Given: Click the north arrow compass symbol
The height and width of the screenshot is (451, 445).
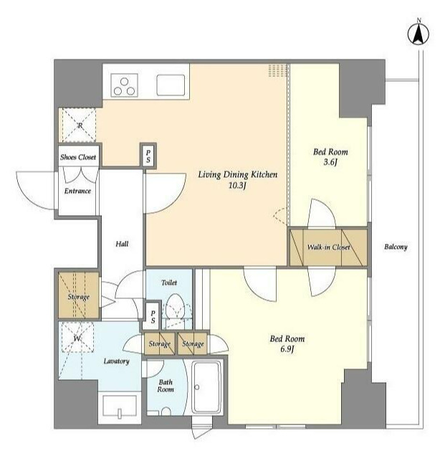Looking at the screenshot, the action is point(418,34).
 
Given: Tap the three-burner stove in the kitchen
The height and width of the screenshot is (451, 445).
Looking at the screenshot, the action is point(124,85).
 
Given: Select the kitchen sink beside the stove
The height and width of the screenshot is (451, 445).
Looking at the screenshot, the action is point(171,85).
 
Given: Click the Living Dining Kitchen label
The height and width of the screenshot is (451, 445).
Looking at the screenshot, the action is point(238,174).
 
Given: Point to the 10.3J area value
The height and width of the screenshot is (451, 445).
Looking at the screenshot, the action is point(237,186).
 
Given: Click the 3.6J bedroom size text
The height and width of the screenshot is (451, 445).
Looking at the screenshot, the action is point(330,162).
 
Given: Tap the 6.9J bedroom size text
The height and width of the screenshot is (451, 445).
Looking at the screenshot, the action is point(287,349).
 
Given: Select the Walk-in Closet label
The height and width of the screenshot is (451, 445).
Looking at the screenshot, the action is point(329,247).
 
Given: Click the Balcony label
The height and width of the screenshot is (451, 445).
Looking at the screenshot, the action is point(396,247).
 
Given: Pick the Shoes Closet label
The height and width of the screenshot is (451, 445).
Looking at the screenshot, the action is point(78,157).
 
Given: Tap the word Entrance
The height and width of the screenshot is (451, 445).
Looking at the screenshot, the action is point(77,191).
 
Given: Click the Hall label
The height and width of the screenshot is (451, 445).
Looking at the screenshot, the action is point(122,244).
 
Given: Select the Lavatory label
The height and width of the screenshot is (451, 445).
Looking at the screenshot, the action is point(116,361).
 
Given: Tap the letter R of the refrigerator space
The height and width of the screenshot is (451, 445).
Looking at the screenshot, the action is point(80,125).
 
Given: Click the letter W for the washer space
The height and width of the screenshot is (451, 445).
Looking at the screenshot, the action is point(77,338).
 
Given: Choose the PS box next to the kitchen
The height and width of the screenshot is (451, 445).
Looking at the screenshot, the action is point(148,155).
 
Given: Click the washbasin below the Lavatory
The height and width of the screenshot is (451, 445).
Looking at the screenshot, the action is point(119,406).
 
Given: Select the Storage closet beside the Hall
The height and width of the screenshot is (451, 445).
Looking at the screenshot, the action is point(79,295).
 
